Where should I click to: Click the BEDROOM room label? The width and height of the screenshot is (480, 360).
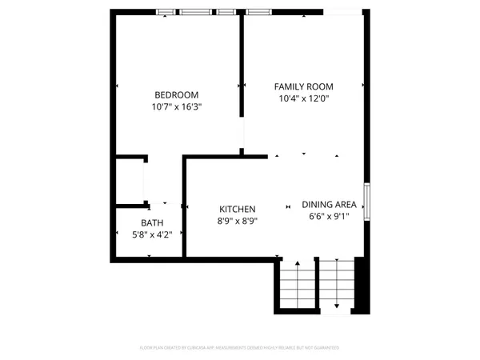click(x=172, y=94)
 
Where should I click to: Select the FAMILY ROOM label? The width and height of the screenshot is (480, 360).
click(x=303, y=86)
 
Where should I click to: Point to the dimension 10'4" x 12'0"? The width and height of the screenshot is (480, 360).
click(x=303, y=98)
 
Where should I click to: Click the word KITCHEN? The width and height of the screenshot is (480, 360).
click(x=238, y=209)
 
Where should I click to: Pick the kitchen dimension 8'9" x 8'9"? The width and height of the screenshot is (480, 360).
click(x=238, y=221)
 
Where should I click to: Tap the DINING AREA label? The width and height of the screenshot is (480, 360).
click(x=329, y=204)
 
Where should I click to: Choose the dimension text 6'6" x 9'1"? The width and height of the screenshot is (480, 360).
click(x=329, y=216)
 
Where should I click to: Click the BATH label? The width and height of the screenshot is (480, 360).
click(x=151, y=223)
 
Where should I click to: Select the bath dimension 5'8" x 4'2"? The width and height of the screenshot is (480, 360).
click(x=151, y=234)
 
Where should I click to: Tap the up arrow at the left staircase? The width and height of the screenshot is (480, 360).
click(x=297, y=264)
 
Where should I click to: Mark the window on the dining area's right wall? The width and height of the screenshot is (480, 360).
click(x=367, y=199)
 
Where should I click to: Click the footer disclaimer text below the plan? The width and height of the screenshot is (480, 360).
click(x=240, y=348)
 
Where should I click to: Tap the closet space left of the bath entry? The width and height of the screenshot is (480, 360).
click(x=129, y=182)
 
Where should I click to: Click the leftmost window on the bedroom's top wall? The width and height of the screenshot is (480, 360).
click(x=166, y=12)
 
